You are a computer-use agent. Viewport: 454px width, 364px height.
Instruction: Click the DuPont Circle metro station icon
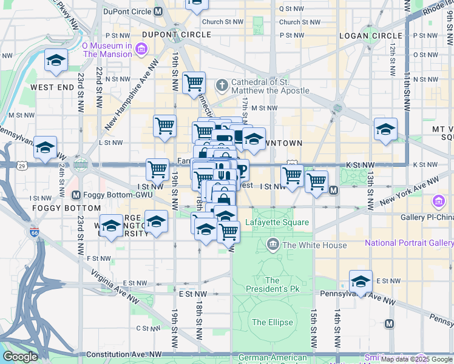(158, 11)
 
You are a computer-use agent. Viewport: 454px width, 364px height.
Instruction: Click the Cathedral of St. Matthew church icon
(222, 86)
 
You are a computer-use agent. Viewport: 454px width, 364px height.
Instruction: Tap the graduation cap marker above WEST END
(56, 61)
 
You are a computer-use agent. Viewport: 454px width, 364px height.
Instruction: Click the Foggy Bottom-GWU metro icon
(76, 195)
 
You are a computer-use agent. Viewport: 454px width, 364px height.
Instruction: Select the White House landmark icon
(273, 245)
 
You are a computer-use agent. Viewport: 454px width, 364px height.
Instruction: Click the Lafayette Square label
(277, 223)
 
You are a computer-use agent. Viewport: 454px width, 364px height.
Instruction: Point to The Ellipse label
(273, 322)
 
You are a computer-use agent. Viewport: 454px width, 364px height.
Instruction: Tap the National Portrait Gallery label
(408, 243)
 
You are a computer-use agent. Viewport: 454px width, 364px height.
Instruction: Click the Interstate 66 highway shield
(34, 231)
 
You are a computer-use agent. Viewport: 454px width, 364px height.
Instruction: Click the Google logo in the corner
(19, 357)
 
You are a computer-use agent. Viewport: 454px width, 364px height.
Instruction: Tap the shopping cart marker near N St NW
(194, 83)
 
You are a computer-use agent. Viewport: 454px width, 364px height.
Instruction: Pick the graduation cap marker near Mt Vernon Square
(385, 130)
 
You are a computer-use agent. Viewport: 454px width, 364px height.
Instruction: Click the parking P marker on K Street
(242, 170)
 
